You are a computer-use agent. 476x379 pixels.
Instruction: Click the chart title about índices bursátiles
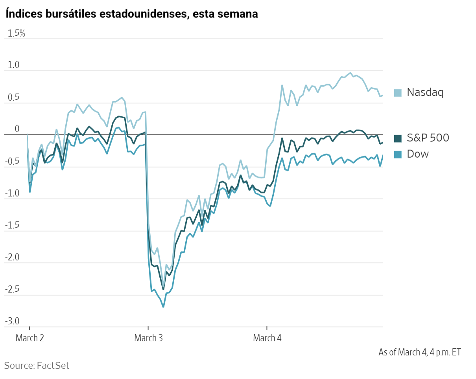131,14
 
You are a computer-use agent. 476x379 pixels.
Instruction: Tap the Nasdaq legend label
425,92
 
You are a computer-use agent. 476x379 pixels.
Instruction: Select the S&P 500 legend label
428,138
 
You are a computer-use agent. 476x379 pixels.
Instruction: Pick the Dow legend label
418,154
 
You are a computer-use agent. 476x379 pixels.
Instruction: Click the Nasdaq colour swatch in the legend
398,93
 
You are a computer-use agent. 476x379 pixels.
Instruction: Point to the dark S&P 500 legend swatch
398,138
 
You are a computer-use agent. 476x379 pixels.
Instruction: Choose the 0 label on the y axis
17,129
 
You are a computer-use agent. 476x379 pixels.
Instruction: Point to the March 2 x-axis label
30,338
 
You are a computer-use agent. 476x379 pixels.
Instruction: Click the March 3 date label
148,338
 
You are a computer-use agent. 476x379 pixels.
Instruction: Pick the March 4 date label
267,338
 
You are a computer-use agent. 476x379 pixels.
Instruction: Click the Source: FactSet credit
37,366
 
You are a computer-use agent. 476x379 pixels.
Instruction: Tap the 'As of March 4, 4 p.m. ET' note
419,352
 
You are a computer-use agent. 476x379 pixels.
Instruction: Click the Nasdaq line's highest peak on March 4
350,73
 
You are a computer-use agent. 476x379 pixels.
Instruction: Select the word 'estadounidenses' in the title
142,14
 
